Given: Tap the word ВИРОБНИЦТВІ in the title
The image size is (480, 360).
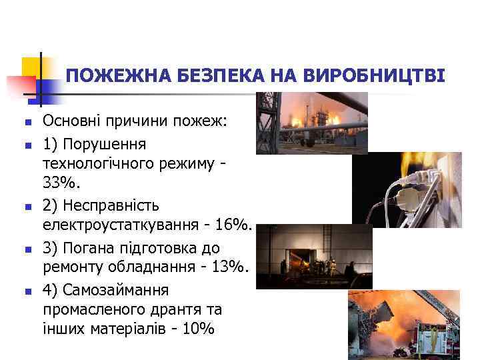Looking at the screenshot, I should pyautogui.click(x=373, y=76).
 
